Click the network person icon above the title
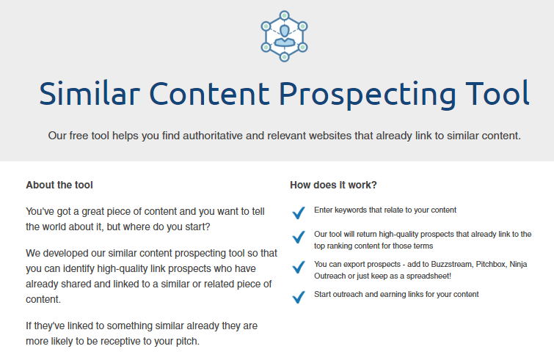(284, 36)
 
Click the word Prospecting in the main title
(368, 95)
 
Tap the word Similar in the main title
(90, 93)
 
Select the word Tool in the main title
(497, 93)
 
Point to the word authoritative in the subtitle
(212, 136)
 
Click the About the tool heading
(59, 185)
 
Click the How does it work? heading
(333, 185)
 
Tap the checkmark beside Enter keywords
(299, 213)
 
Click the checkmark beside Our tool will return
(299, 237)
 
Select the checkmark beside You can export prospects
(299, 267)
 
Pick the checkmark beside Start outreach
(299, 297)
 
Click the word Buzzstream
(451, 265)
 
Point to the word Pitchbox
(490, 265)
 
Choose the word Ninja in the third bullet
(518, 265)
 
